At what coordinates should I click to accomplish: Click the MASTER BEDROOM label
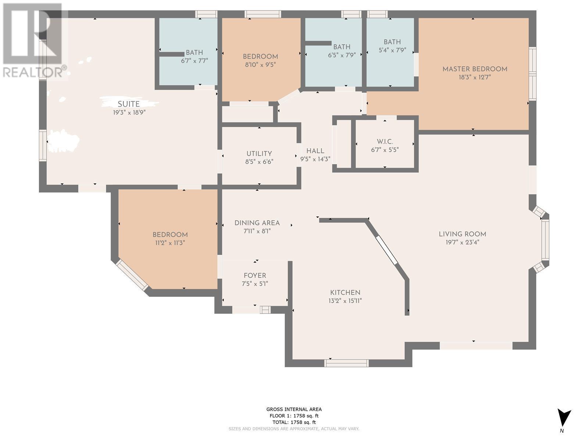pyautogui.click(x=475, y=69)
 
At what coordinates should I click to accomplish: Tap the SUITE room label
pyautogui.click(x=129, y=104)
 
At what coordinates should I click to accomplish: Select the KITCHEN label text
pyautogui.click(x=345, y=293)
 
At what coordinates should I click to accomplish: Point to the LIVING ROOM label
pyautogui.click(x=462, y=234)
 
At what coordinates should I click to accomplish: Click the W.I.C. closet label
pyautogui.click(x=385, y=141)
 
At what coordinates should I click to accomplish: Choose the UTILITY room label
pyautogui.click(x=259, y=154)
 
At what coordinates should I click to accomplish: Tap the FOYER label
pyautogui.click(x=255, y=276)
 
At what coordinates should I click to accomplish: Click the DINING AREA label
pyautogui.click(x=257, y=223)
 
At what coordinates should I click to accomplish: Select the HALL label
pyautogui.click(x=315, y=151)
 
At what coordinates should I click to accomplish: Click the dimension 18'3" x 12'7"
pyautogui.click(x=475, y=78)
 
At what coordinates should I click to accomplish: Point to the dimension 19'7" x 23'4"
pyautogui.click(x=462, y=242)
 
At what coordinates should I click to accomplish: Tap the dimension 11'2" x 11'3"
pyautogui.click(x=170, y=243)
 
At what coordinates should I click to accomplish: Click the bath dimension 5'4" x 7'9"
pyautogui.click(x=392, y=50)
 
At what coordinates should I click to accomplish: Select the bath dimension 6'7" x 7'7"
pyautogui.click(x=194, y=61)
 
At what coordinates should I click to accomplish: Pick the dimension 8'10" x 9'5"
pyautogui.click(x=261, y=65)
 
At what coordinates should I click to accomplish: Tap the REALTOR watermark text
pyautogui.click(x=35, y=72)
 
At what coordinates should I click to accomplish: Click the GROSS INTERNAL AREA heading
pyautogui.click(x=294, y=409)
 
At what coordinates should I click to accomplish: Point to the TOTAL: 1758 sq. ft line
pyautogui.click(x=294, y=422)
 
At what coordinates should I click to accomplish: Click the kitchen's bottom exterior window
pyautogui.click(x=347, y=363)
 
